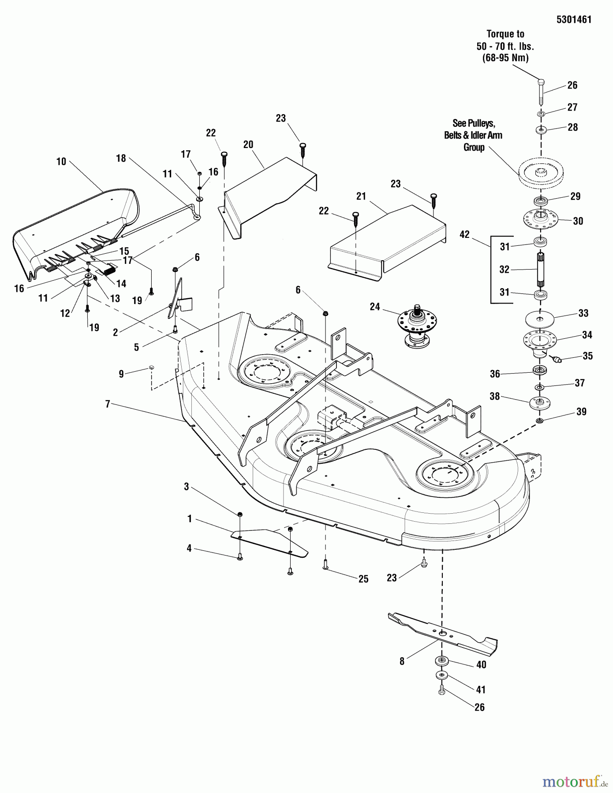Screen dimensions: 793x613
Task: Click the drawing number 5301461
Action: pos(573,19)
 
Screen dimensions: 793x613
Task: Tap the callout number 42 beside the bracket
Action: pos(464,235)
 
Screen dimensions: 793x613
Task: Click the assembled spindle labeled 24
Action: pos(417,328)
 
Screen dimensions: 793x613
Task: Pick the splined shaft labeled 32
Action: pos(541,270)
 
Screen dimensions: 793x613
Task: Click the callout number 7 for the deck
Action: pos(107,404)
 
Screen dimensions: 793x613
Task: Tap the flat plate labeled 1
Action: pos(269,541)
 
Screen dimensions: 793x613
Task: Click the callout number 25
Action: pos(363,579)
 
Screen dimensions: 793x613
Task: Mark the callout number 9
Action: pos(121,374)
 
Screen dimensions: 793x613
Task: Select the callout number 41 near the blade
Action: pos(480,689)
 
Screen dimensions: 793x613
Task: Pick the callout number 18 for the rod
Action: pos(121,158)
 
